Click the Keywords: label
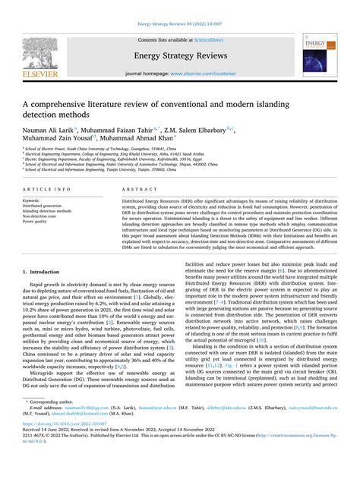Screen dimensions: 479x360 (36, 200)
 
